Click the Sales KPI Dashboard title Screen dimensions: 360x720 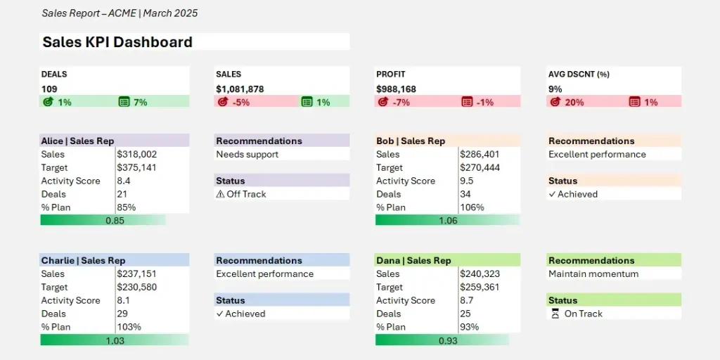tap(117, 42)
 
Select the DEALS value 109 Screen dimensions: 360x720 tap(49, 89)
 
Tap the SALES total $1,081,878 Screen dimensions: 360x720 tap(240, 89)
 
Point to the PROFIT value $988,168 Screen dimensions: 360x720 tap(396, 89)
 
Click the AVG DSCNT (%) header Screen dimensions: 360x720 tap(579, 74)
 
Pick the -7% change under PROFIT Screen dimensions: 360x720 tap(401, 102)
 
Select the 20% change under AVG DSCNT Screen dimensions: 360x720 tap(574, 102)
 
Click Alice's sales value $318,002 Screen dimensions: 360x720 tap(137, 154)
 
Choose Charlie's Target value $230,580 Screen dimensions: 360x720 tap(137, 287)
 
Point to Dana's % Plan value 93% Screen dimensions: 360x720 tap(470, 327)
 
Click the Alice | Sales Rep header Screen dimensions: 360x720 tap(77, 141)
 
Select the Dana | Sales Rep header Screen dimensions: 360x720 tap(413, 260)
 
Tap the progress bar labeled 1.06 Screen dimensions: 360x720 tap(447, 220)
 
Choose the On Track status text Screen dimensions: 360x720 tap(583, 314)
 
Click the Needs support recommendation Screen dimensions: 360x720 tap(247, 154)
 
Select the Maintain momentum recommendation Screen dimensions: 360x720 tap(593, 274)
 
